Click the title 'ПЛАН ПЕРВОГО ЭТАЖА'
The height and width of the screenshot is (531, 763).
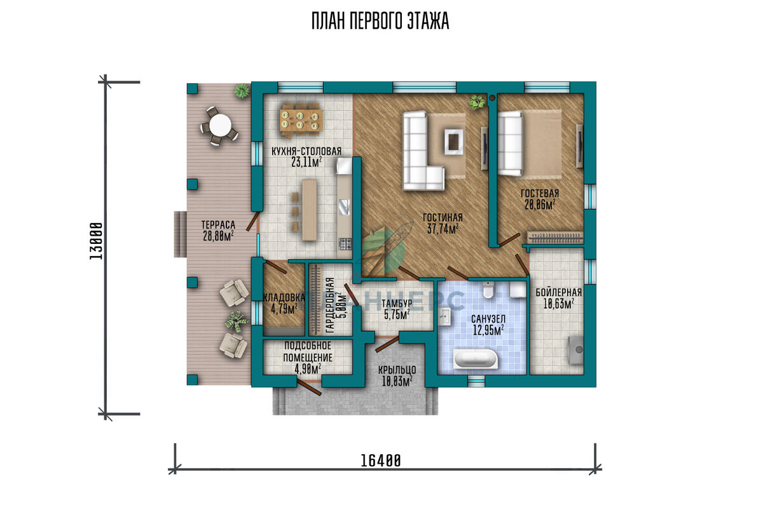(x=380, y=21)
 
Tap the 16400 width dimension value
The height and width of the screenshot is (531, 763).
(x=381, y=461)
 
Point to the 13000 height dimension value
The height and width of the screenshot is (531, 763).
(x=96, y=241)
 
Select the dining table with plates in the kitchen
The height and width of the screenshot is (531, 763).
(x=301, y=121)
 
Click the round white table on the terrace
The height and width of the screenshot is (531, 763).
(x=219, y=126)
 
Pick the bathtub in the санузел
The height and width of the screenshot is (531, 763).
(x=476, y=359)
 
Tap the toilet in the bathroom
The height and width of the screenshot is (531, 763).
(x=488, y=290)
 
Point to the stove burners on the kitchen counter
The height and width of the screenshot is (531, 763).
(x=345, y=243)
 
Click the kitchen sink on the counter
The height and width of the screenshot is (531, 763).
(x=344, y=206)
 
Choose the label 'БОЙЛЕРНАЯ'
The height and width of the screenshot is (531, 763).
(x=559, y=292)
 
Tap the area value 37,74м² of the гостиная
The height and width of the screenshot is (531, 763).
(x=443, y=229)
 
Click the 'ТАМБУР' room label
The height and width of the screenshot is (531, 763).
(x=397, y=303)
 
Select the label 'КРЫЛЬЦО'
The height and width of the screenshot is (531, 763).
(x=397, y=369)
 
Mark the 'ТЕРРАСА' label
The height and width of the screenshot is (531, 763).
(x=218, y=225)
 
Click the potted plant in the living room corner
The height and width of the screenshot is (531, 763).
(x=476, y=102)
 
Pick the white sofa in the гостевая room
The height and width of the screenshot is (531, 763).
(x=510, y=143)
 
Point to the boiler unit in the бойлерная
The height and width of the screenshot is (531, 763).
(x=576, y=351)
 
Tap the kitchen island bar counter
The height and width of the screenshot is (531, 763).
(x=309, y=210)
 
